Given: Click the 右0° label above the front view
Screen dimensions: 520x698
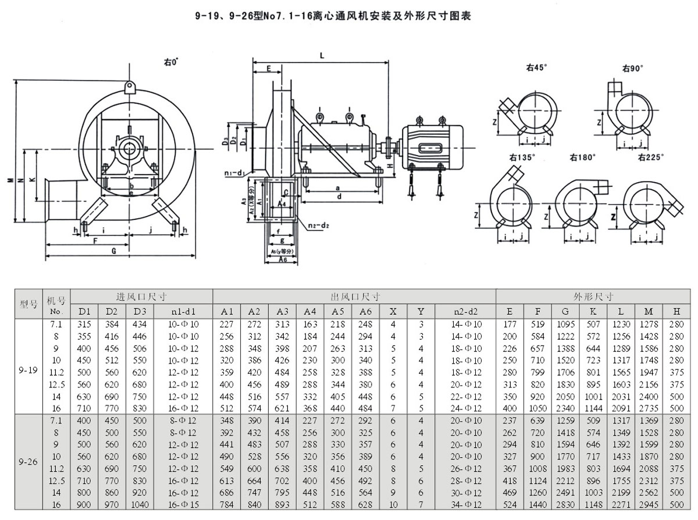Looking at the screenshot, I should tap(170, 60).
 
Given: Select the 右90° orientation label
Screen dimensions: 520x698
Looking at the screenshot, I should tap(632, 68).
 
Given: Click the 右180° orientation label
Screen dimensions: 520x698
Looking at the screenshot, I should tap(581, 157).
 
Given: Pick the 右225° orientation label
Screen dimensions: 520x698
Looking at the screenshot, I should tap(650, 157).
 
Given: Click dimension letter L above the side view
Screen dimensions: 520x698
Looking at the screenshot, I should tap(322, 55).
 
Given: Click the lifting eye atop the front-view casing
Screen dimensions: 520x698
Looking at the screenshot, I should tap(129, 87).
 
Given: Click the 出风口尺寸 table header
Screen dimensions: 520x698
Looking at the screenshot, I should tap(354, 297).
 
